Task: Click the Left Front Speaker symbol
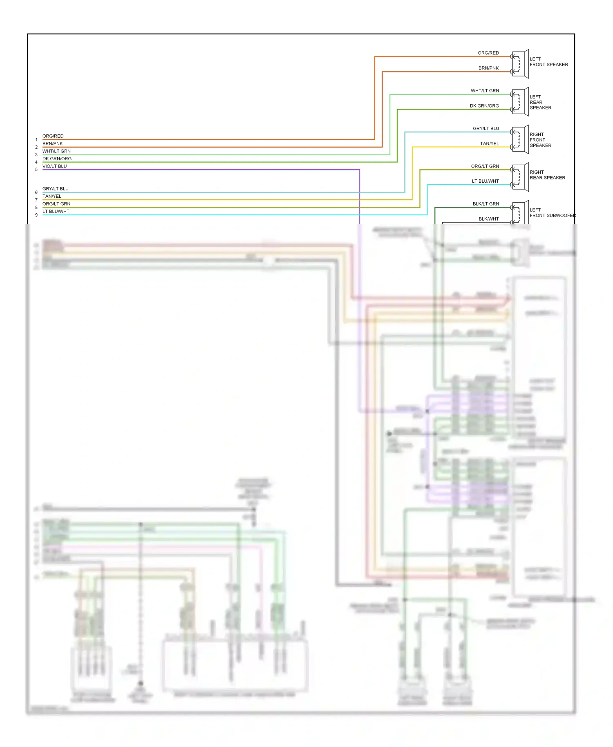pyautogui.click(x=519, y=64)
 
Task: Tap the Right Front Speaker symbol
pyautogui.click(x=519, y=139)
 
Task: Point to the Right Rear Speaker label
pyautogui.click(x=547, y=175)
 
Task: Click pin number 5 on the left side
pyautogui.click(x=36, y=170)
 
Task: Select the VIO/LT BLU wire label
pyautogui.click(x=54, y=166)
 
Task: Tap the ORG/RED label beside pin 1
pyautogui.click(x=53, y=136)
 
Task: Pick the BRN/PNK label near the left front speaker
pyautogui.click(x=488, y=68)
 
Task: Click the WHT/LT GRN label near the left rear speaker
pyautogui.click(x=485, y=91)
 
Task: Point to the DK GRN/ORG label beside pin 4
pyautogui.click(x=57, y=159)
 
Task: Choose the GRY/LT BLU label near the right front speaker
pyautogui.click(x=486, y=128)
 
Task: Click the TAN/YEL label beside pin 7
pyautogui.click(x=51, y=196)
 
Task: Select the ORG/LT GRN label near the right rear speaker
pyautogui.click(x=485, y=166)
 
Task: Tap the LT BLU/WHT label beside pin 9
pyautogui.click(x=56, y=211)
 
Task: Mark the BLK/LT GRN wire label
pyautogui.click(x=486, y=204)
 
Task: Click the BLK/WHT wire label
pyautogui.click(x=488, y=219)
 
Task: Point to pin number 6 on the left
pyautogui.click(x=36, y=192)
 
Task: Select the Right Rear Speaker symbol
pyautogui.click(x=519, y=177)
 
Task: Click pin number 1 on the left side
pyautogui.click(x=36, y=140)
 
